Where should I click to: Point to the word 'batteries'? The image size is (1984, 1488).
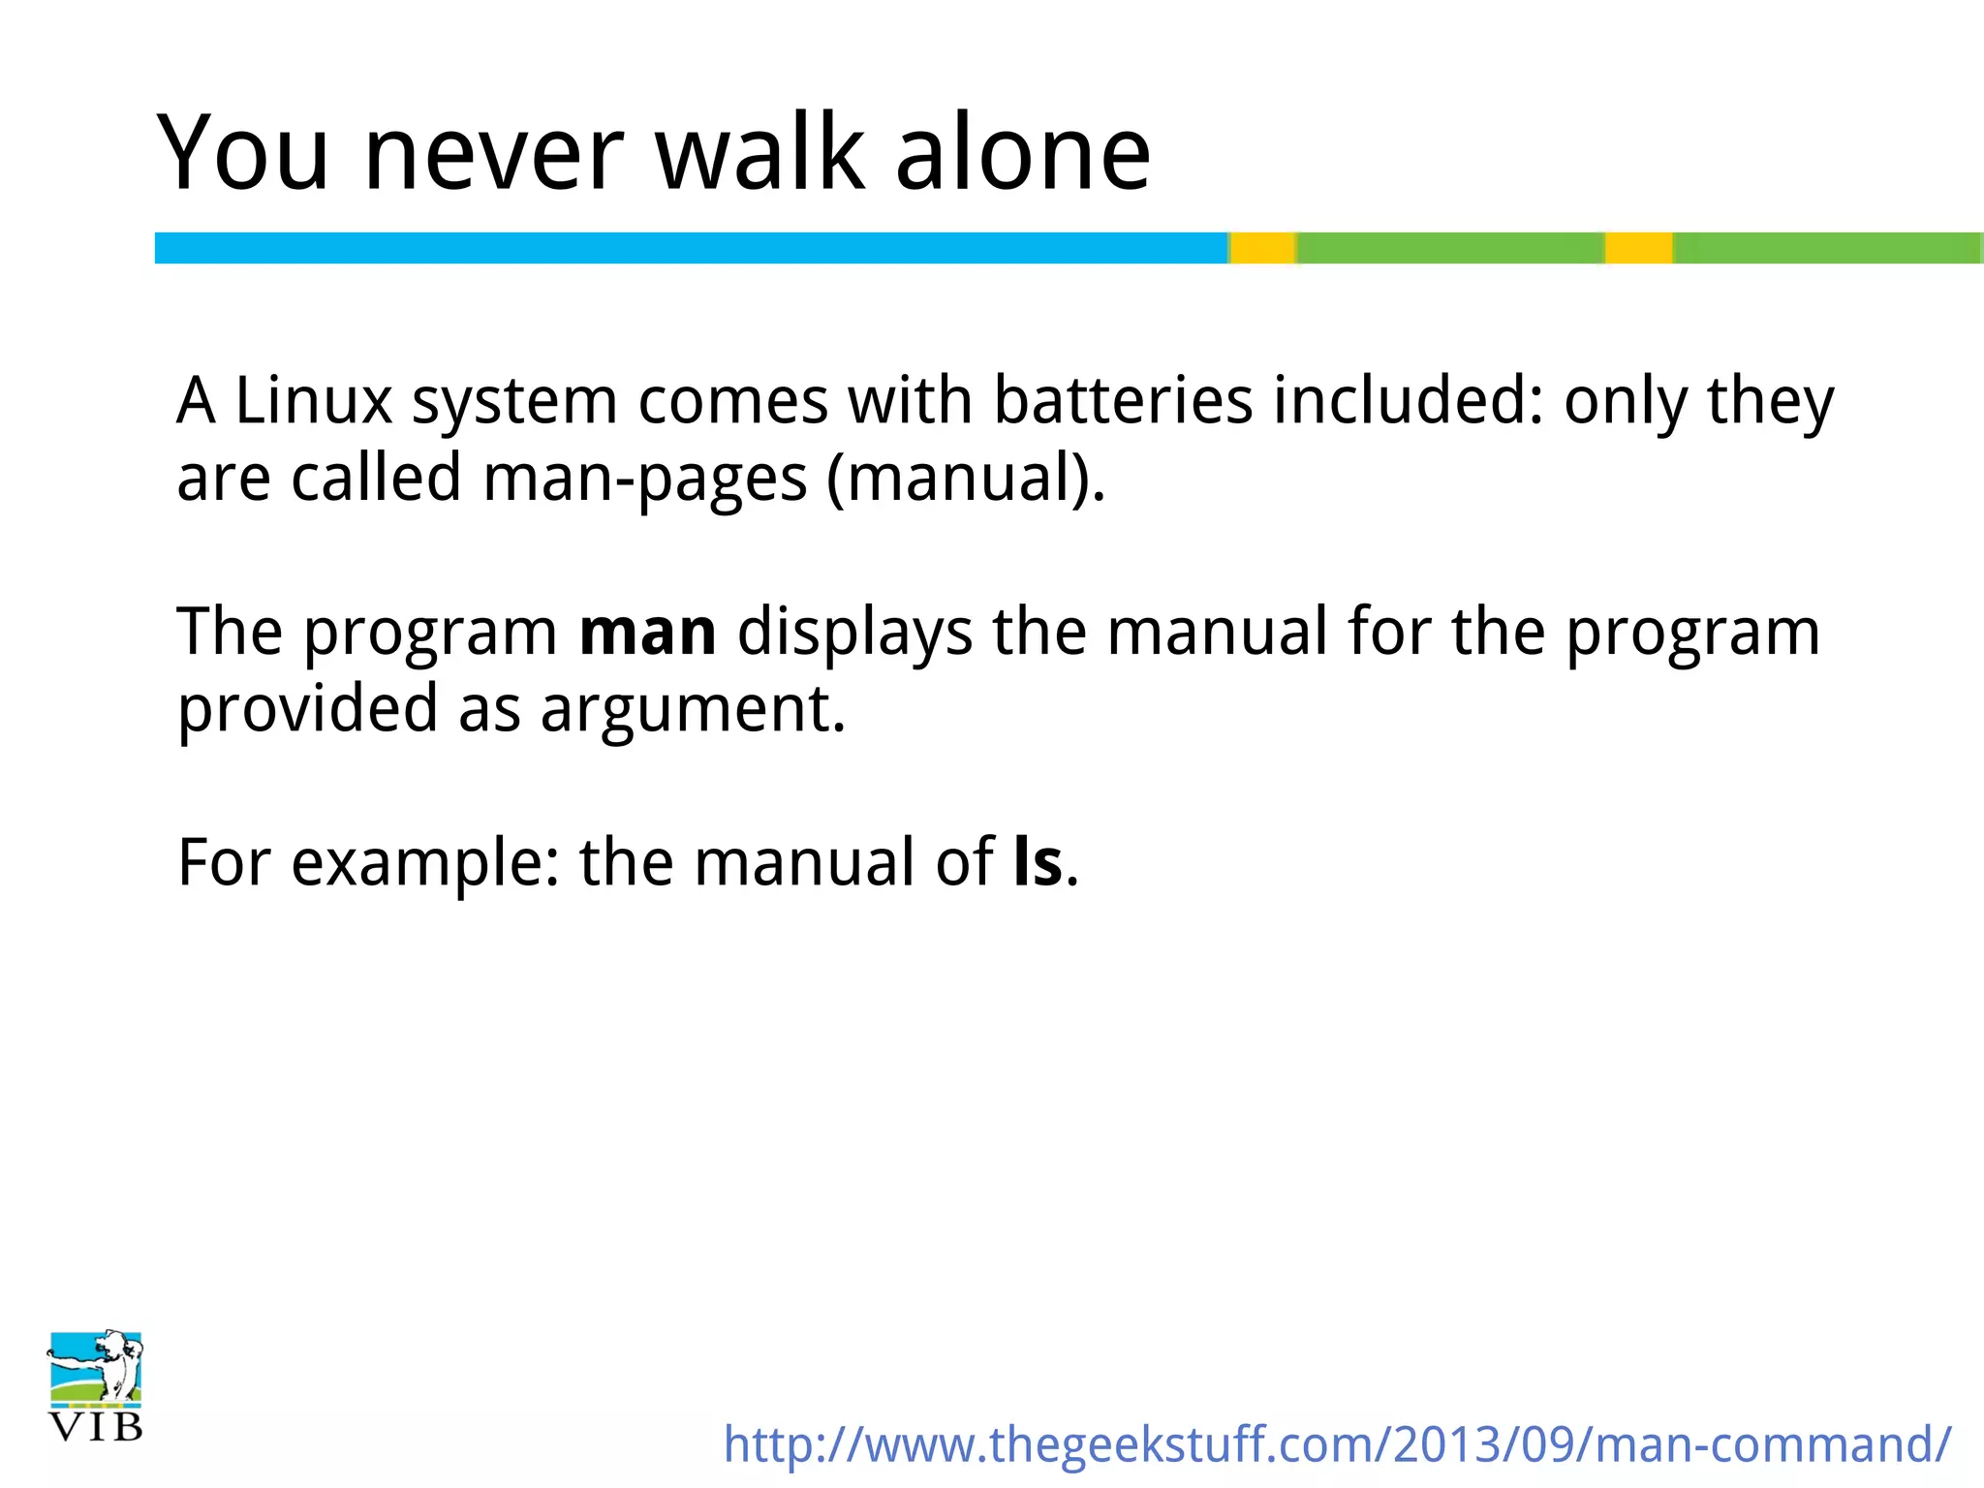point(1124,400)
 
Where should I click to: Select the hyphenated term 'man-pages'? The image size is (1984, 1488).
point(644,479)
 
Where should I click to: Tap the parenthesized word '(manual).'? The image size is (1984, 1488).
point(966,479)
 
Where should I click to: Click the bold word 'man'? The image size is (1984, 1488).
point(647,633)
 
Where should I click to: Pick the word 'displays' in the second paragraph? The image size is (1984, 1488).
point(854,633)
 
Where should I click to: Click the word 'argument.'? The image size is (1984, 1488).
point(694,709)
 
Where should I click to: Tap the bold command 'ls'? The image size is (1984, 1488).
point(1038,862)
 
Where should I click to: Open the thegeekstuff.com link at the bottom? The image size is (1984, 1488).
point(1337,1444)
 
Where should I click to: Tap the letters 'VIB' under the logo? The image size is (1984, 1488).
point(96,1427)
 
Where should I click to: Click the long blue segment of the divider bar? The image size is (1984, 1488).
point(690,248)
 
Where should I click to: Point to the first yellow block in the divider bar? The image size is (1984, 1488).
point(1263,248)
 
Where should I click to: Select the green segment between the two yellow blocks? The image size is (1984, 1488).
point(1450,248)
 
